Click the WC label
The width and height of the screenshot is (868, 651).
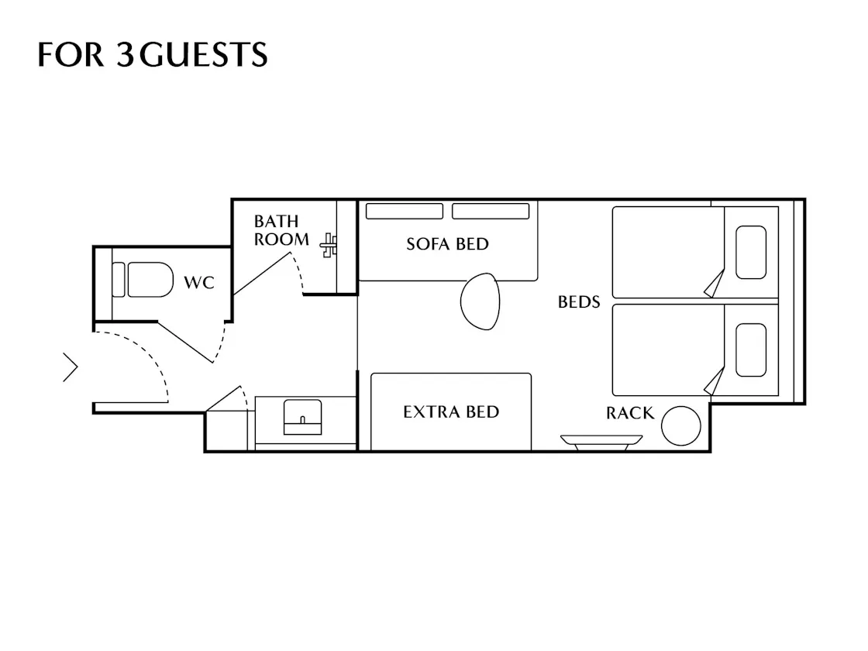[198, 282]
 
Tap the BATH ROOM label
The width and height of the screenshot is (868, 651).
[281, 230]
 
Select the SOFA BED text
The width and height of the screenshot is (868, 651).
[447, 244]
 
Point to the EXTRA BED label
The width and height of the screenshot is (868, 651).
[451, 412]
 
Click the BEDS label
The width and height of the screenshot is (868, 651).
[578, 302]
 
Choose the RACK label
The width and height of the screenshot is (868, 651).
[630, 413]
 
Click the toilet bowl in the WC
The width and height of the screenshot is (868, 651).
[150, 280]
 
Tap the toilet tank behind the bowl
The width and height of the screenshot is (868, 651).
[119, 280]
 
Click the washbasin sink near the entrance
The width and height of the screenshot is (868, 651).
[302, 417]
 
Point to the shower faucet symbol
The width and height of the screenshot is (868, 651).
[329, 245]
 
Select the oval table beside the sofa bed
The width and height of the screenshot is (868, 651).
[480, 301]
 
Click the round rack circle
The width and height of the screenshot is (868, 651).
[681, 425]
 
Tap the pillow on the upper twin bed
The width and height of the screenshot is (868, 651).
[751, 252]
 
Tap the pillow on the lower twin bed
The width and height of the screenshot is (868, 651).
[751, 350]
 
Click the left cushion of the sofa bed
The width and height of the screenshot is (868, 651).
[404, 211]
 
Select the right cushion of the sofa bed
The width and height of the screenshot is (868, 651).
[491, 211]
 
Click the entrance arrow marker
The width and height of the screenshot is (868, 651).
[71, 367]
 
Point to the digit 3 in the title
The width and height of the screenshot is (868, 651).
[125, 54]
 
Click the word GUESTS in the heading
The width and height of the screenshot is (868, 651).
[203, 54]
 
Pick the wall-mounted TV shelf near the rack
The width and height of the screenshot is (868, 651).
[601, 442]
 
